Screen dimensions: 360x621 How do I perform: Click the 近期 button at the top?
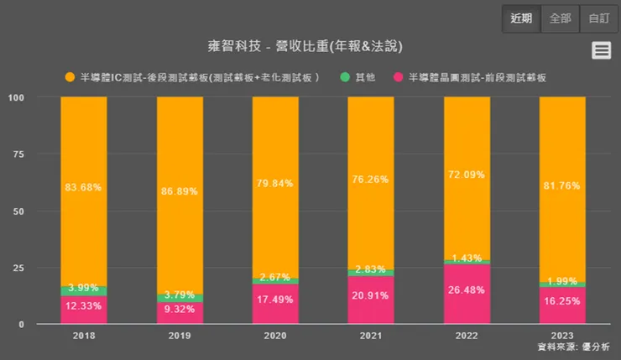pos(521,18)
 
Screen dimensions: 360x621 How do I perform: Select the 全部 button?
pos(560,18)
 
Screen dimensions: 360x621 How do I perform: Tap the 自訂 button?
pos(599,18)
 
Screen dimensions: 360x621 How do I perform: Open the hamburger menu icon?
pos(601,50)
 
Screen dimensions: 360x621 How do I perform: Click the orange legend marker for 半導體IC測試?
pos(70,77)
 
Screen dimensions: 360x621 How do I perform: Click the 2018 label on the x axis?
pos(84,335)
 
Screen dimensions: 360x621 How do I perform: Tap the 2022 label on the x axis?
pos(467,335)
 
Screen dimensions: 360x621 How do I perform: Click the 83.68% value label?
pos(84,186)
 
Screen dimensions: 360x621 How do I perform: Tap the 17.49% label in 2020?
pos(275,299)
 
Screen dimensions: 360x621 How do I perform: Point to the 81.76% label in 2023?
pos(562,186)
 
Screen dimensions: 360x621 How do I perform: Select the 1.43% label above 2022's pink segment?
pos(467,258)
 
